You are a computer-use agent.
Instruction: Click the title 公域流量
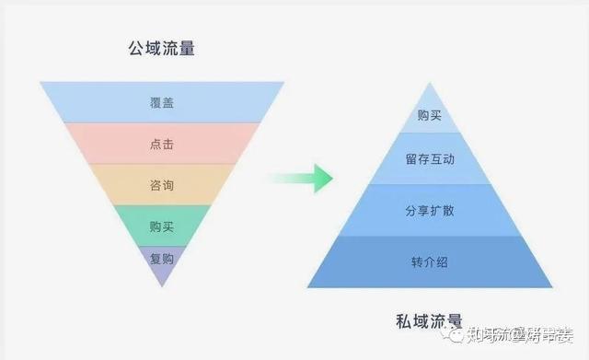[161, 49]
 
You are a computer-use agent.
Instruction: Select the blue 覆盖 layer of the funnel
[161, 102]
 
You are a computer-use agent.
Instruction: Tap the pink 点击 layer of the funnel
[161, 144]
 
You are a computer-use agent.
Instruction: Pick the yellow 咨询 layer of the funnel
[161, 185]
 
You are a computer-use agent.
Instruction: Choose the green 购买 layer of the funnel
[161, 226]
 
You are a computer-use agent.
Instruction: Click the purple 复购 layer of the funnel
[161, 259]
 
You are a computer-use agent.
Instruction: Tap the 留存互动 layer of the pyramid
[429, 158]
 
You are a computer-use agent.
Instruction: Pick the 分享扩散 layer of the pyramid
[429, 210]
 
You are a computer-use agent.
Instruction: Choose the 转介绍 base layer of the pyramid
[429, 261]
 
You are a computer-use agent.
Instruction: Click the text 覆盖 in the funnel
[161, 102]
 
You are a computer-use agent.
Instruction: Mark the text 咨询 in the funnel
[161, 185]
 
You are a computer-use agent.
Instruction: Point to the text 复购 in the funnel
[161, 259]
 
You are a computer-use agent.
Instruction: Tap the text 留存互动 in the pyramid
[429, 158]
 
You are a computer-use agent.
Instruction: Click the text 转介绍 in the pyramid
[429, 261]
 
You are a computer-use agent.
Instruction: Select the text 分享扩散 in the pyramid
[429, 210]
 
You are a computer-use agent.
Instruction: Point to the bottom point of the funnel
[161, 284]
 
